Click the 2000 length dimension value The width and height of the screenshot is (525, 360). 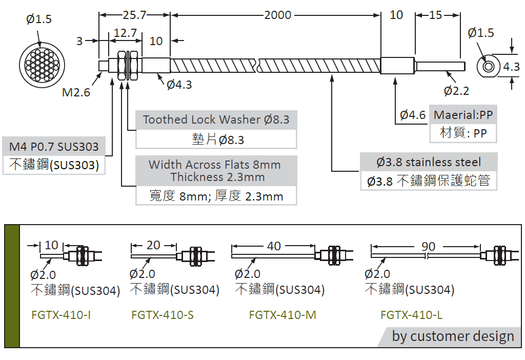[277, 15]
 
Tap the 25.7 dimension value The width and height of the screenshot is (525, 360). [134, 15]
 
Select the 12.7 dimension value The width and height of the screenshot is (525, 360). [125, 33]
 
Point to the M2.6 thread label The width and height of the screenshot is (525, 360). [76, 92]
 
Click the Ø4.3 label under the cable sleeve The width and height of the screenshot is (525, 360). [179, 85]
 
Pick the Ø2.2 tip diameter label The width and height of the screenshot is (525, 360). [456, 91]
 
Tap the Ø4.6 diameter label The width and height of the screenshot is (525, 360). [413, 115]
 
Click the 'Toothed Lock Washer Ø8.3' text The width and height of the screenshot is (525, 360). [216, 119]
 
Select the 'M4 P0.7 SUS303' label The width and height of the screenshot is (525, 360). [54, 147]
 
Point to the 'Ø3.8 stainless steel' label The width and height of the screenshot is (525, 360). [429, 162]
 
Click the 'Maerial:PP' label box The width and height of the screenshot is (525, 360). [463, 115]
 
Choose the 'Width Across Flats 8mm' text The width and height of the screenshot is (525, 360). [215, 165]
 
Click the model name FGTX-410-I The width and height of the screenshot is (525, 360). [61, 315]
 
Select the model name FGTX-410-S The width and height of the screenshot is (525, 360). [163, 315]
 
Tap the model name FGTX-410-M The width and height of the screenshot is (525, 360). [282, 315]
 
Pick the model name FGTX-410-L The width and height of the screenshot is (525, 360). [411, 315]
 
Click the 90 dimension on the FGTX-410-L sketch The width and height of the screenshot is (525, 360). [428, 247]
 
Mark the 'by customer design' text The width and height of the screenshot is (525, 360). [453, 336]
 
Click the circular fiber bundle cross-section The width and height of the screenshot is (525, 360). [39, 63]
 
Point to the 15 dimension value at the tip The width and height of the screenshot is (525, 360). [435, 15]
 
